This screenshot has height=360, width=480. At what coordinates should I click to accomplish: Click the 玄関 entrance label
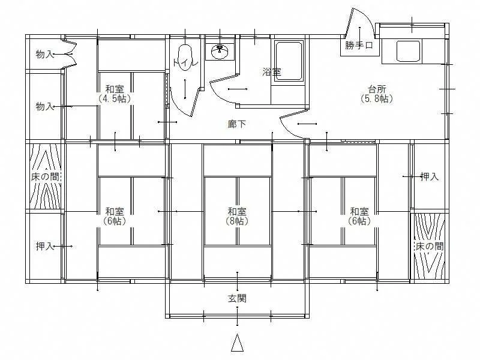click(237, 298)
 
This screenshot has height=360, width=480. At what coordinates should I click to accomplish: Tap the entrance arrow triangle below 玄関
click(237, 343)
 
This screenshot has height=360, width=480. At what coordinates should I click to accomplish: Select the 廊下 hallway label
click(236, 124)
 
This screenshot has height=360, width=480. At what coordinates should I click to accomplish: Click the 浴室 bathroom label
click(272, 72)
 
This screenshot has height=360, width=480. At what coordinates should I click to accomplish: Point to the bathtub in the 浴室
click(289, 61)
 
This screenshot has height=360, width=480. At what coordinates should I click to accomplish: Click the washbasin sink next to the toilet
click(220, 52)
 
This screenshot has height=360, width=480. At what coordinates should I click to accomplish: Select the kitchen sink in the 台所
click(408, 51)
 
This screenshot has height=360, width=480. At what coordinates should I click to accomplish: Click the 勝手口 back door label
click(359, 46)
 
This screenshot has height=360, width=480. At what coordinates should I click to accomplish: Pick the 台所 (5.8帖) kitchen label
click(377, 94)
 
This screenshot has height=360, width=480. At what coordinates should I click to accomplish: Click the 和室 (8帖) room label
click(237, 216)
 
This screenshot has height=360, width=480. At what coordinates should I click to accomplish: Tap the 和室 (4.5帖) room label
click(115, 94)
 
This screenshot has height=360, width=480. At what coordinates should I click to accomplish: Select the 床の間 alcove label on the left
click(45, 176)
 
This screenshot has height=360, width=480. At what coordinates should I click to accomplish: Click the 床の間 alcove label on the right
click(429, 246)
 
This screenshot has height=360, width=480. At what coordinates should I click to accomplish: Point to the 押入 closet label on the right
click(430, 176)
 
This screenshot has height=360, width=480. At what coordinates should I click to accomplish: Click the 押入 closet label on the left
click(45, 246)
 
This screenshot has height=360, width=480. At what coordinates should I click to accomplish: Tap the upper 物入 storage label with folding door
click(45, 55)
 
